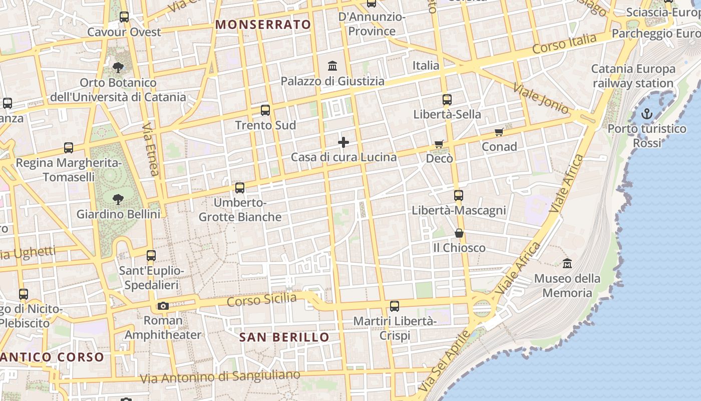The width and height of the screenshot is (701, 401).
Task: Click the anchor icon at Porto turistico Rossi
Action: pyautogui.click(x=647, y=114)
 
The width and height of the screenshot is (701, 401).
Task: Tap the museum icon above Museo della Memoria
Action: pyautogui.click(x=567, y=263)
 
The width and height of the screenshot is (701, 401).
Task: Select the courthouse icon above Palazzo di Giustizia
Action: pyautogui.click(x=332, y=66)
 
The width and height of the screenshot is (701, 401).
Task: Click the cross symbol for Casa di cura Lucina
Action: pyautogui.click(x=343, y=142)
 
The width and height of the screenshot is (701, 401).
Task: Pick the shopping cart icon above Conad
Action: pyautogui.click(x=499, y=132)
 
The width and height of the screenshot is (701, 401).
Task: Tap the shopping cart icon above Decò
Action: pyautogui.click(x=439, y=144)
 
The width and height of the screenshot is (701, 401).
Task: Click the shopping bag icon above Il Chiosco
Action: pyautogui.click(x=459, y=233)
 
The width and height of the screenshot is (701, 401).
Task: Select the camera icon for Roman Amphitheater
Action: pyautogui.click(x=163, y=306)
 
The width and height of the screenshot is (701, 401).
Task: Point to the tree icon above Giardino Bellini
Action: pyautogui.click(x=118, y=199)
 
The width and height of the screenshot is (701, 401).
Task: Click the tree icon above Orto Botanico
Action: pyautogui.click(x=118, y=67)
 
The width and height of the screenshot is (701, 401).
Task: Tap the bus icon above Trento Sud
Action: pyautogui.click(x=265, y=110)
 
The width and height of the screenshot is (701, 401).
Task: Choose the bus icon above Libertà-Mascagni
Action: pyautogui.click(x=459, y=195)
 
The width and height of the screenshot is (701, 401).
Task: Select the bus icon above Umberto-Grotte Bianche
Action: pyautogui.click(x=240, y=188)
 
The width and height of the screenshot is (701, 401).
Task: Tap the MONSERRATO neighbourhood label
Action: pyautogui.click(x=263, y=25)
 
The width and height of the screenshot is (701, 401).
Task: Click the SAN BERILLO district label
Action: pyautogui.click(x=284, y=337)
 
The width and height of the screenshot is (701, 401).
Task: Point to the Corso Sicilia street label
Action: pyautogui.click(x=262, y=300)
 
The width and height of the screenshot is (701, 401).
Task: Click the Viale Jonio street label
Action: pyautogui.click(x=541, y=98)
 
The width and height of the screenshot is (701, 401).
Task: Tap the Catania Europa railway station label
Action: pyautogui.click(x=633, y=76)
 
